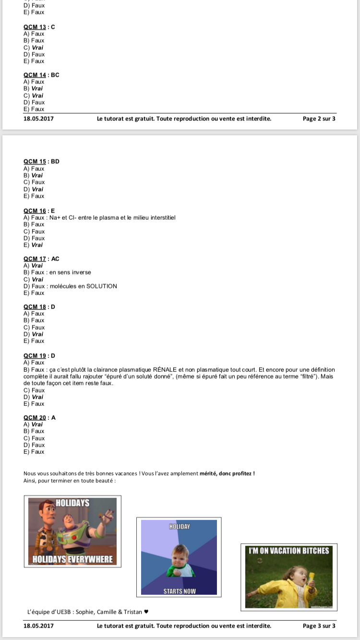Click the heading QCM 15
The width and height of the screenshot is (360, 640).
coord(35,162)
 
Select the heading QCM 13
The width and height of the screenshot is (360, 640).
coord(35,27)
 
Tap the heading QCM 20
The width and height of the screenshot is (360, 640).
coord(35,418)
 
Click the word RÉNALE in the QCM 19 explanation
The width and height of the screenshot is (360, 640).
coord(165,370)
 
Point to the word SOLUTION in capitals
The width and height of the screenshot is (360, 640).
coord(101,286)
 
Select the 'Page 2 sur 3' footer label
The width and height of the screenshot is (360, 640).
coord(319,119)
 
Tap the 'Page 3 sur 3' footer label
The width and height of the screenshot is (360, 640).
coord(319,626)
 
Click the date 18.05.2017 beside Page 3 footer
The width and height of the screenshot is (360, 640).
coord(38,626)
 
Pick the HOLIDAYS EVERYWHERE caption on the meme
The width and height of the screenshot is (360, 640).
coord(72,559)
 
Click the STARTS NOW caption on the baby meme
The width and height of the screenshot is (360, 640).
coord(180,591)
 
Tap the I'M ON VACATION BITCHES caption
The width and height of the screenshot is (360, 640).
coord(288,551)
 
